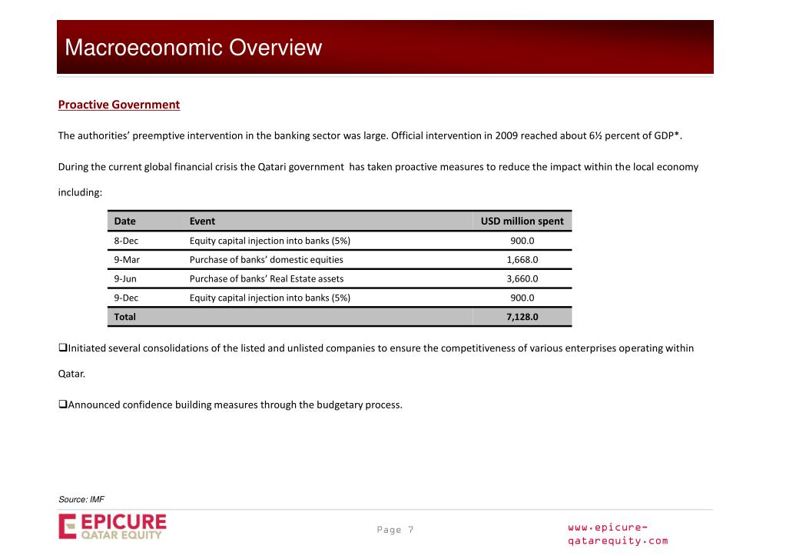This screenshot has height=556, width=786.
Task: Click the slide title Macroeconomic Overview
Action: coord(193,48)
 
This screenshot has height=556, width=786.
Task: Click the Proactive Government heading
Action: coord(119,105)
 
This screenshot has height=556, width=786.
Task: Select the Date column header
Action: coord(124,221)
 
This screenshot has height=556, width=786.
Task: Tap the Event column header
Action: coord(202,221)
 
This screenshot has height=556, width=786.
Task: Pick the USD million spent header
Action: coord(522,221)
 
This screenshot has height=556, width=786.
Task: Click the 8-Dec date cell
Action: coord(126,241)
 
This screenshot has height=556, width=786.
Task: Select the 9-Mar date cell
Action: coord(127,260)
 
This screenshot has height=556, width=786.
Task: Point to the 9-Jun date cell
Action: coord(125,278)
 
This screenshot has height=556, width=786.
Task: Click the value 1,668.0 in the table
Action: coord(522,260)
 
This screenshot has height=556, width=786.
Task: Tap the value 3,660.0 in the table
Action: coord(522,278)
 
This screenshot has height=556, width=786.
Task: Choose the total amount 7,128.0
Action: coord(522,317)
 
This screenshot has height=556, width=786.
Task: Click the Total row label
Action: coord(124,317)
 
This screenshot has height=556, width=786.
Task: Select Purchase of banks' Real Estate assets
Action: coord(267,278)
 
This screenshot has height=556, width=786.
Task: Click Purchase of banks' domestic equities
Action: coord(266,260)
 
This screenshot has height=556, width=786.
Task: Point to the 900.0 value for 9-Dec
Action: coord(522,298)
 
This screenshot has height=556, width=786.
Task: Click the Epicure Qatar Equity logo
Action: coord(112,528)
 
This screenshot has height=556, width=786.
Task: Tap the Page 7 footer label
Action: coord(395,530)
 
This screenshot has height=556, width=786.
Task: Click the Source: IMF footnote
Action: coord(81,500)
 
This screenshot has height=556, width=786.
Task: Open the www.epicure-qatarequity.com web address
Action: coord(617,534)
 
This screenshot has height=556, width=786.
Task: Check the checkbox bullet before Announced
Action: coord(63,405)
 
